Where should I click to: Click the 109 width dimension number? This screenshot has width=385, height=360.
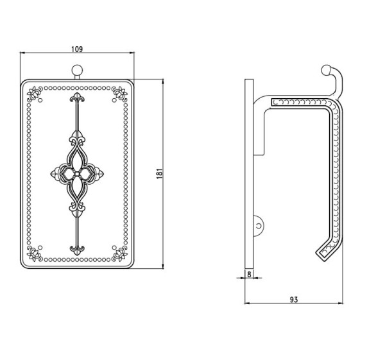pyautogui.click(x=77, y=49)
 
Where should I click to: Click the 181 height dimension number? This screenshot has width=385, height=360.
pyautogui.click(x=160, y=174)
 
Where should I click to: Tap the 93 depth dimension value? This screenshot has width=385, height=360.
pyautogui.click(x=294, y=300)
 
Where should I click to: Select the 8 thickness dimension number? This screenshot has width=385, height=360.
pyautogui.click(x=249, y=274)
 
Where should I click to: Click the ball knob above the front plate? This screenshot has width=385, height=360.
pyautogui.click(x=77, y=70)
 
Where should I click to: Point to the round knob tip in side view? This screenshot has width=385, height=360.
pyautogui.click(x=327, y=70)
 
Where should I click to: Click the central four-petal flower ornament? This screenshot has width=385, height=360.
pyautogui.click(x=77, y=174)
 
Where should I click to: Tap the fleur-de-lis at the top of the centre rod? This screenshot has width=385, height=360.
pyautogui.click(x=77, y=98)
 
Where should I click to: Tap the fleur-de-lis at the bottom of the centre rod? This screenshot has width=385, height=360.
pyautogui.click(x=77, y=250)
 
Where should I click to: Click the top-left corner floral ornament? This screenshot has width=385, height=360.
pyautogui.click(x=35, y=94)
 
